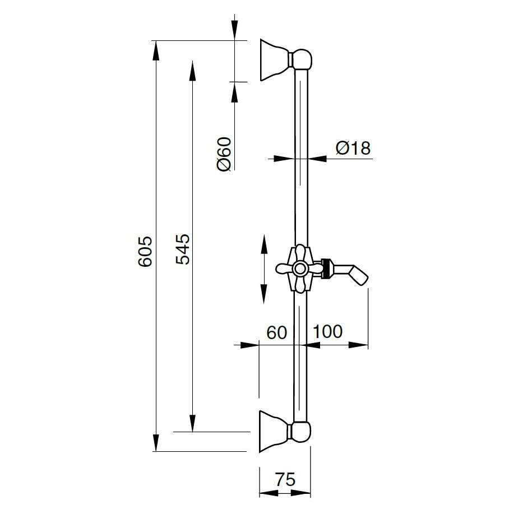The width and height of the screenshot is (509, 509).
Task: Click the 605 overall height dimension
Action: (x=145, y=251)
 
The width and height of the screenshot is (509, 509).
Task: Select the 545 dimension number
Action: (x=182, y=249)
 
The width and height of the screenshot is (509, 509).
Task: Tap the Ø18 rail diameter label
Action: (x=353, y=148)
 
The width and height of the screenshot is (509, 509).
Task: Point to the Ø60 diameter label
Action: (x=224, y=154)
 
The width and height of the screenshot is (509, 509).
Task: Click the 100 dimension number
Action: (x=327, y=331)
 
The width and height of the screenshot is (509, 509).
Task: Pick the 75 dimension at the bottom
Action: (x=286, y=479)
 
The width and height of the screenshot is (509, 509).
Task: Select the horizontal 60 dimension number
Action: (x=277, y=332)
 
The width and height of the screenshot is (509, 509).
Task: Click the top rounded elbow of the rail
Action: (x=302, y=59)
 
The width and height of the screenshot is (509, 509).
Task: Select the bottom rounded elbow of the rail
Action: (x=301, y=432)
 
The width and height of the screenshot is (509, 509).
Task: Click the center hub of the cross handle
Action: (x=299, y=269)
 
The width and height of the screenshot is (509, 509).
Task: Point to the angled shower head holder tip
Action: (x=362, y=276)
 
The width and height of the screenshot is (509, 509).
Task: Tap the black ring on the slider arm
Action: (x=328, y=269)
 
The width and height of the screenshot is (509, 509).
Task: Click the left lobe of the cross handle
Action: (x=284, y=269)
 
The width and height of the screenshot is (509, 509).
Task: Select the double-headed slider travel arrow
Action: (x=263, y=269)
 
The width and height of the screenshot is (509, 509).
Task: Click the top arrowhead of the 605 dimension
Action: (x=156, y=50)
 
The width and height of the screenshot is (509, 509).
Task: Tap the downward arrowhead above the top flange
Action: (x=234, y=30)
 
